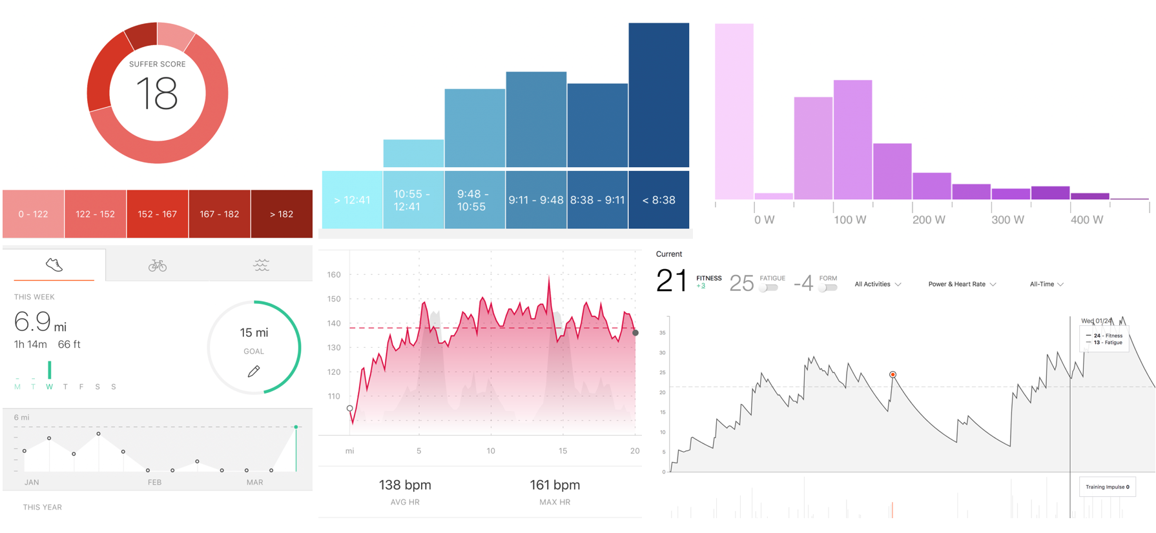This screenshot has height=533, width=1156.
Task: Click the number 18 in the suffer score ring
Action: point(157,94)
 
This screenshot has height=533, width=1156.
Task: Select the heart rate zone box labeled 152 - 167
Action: point(157,214)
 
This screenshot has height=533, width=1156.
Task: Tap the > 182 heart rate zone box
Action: point(282,214)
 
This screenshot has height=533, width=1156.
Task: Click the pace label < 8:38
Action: point(659,200)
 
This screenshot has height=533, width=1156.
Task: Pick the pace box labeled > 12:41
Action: point(352,200)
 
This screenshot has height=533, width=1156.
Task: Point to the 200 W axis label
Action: point(929,220)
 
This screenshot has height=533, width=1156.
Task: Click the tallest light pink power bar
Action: point(734,111)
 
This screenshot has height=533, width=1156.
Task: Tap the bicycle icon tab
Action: point(158,265)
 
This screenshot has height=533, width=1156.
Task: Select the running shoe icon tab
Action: point(54,265)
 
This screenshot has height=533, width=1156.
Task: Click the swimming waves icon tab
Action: point(261,265)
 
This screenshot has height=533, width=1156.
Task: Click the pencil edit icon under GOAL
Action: point(254,371)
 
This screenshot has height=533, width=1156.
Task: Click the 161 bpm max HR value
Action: point(555,485)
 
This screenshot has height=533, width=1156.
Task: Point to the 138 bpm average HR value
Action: point(405,485)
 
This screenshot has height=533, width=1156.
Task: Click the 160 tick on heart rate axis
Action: point(334,275)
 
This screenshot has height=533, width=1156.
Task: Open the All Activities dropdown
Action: point(878,284)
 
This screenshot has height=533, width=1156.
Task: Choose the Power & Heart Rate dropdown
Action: point(962,284)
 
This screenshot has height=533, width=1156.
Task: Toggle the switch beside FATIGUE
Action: point(768,288)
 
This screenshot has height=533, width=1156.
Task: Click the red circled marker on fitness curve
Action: point(893,374)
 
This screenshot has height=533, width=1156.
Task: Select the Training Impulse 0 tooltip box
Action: point(1107,487)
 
